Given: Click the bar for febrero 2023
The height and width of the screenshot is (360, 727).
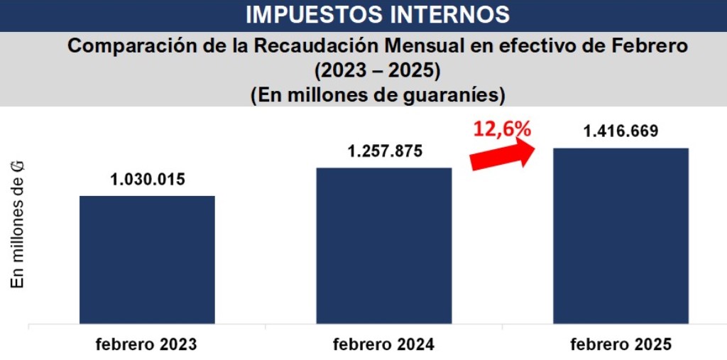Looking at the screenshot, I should (x=147, y=259).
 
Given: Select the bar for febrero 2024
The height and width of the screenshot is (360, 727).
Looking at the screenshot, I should (x=383, y=245).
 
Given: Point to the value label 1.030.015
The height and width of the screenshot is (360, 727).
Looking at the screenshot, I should (x=148, y=179).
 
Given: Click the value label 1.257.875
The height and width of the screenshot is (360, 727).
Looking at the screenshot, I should (x=384, y=151).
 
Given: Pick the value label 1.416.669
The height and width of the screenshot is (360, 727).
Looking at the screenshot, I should (x=621, y=131).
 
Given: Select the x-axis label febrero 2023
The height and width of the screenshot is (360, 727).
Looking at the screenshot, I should (x=147, y=345).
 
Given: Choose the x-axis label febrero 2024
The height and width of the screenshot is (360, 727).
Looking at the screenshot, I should (x=383, y=345).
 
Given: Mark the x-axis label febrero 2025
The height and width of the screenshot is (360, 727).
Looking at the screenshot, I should (x=621, y=345).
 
